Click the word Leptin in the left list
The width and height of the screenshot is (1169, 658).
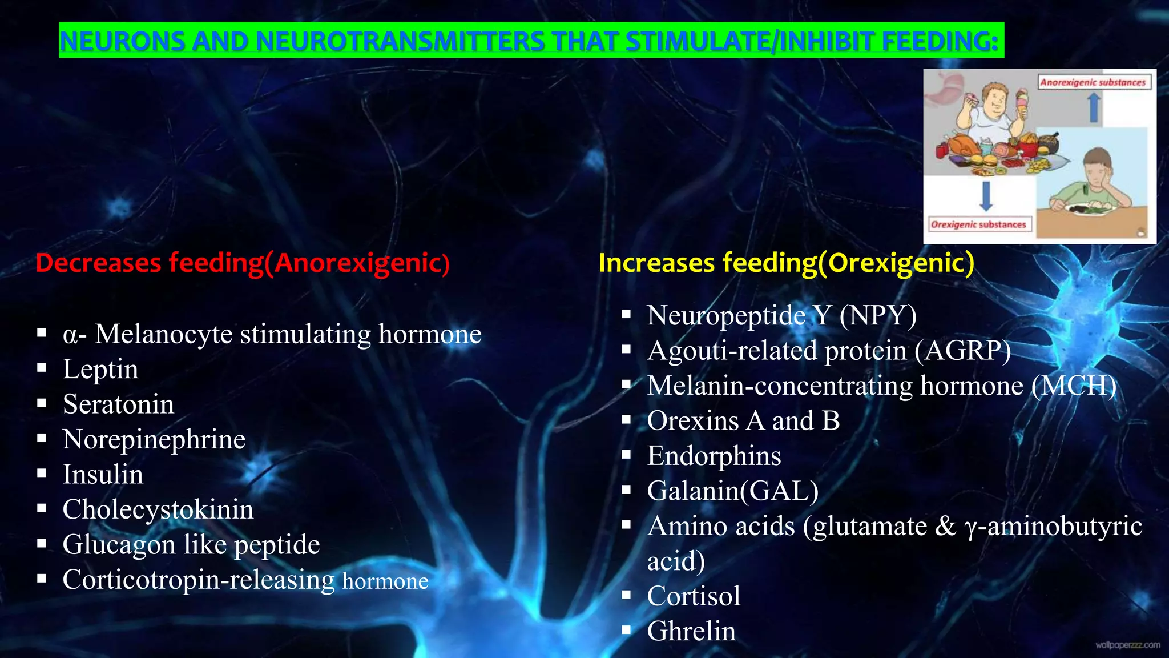pyautogui.click(x=100, y=370)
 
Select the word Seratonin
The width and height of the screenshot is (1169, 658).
pyautogui.click(x=118, y=404)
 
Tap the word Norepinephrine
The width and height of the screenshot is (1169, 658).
pyautogui.click(x=154, y=440)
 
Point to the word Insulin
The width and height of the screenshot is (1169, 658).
pyautogui.click(x=103, y=475)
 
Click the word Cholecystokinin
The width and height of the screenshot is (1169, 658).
pyautogui.click(x=158, y=509)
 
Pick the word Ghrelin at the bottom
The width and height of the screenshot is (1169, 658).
pyautogui.click(x=691, y=631)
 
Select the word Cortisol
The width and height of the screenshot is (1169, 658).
pyautogui.click(x=694, y=596)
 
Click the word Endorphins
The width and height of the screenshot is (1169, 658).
pyautogui.click(x=714, y=456)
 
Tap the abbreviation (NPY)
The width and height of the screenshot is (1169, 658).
pyautogui.click(x=878, y=315)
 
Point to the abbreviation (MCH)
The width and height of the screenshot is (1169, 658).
pyautogui.click(x=1074, y=386)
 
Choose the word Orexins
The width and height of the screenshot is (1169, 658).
pyautogui.click(x=693, y=421)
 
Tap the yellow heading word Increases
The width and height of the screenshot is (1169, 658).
pyautogui.click(x=656, y=263)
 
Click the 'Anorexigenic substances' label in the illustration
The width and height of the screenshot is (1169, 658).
pyautogui.click(x=1093, y=82)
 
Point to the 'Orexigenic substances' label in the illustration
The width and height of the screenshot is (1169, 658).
pyautogui.click(x=978, y=224)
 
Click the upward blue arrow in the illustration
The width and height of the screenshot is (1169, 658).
pyautogui.click(x=1094, y=107)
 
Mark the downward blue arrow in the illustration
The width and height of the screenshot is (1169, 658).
pyautogui.click(x=986, y=196)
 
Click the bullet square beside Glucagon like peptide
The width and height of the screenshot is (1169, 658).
pyautogui.click(x=42, y=543)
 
